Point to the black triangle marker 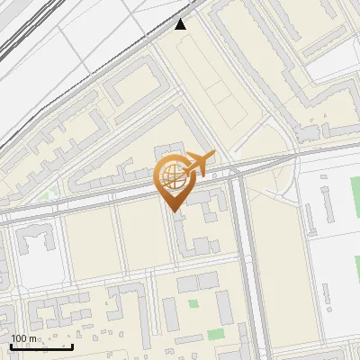pyautogui.click(x=181, y=24)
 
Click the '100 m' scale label pyautogui.click(x=23, y=339)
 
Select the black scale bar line pyautogui.click(x=41, y=346)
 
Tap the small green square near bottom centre pyautogui.click(x=193, y=303)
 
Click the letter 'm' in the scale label pyautogui.click(x=33, y=339)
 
